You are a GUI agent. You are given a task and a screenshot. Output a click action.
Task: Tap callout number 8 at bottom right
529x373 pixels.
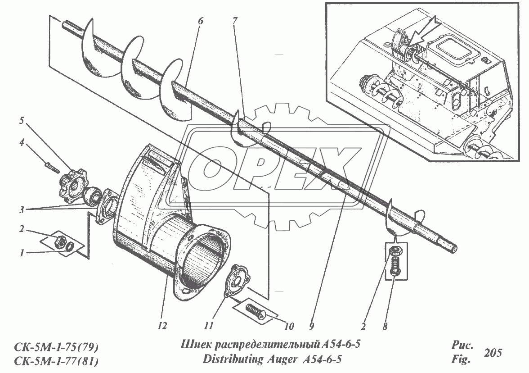point(385,325)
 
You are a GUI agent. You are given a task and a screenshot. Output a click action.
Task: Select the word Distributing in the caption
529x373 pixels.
point(229,359)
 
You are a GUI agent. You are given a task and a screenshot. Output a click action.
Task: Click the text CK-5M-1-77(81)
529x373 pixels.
point(56,360)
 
